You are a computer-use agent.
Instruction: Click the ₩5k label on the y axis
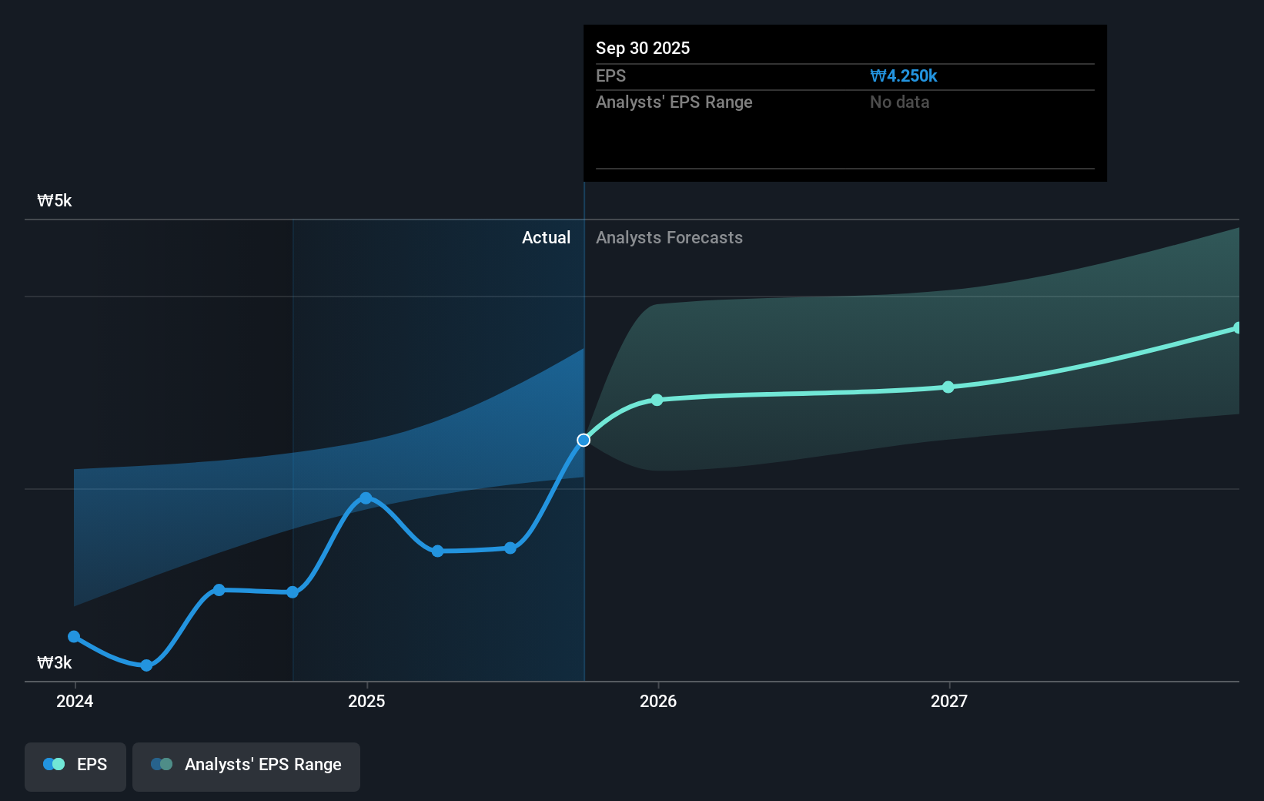click(54, 201)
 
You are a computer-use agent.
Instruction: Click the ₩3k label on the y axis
click(54, 663)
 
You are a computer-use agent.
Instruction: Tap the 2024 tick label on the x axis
click(75, 701)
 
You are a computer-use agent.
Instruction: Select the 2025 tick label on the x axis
click(366, 701)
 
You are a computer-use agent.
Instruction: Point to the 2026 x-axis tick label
click(658, 701)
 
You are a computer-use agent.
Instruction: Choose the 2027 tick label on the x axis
click(949, 701)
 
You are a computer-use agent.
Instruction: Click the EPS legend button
click(75, 765)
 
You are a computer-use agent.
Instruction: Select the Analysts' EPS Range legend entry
click(246, 765)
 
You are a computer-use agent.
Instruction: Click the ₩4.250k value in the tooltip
click(904, 76)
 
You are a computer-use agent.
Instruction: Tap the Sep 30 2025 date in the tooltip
click(643, 49)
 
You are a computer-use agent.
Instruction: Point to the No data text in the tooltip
click(899, 102)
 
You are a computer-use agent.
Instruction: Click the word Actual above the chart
click(546, 238)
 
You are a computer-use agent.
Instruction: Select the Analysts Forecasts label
click(669, 238)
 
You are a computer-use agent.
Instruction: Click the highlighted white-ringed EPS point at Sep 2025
click(584, 440)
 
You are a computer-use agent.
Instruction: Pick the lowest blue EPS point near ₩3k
click(146, 665)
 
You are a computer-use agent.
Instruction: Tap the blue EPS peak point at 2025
click(366, 498)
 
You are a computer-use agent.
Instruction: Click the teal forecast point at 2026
click(657, 400)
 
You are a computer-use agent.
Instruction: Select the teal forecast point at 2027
click(948, 387)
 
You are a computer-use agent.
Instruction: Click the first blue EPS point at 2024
click(74, 636)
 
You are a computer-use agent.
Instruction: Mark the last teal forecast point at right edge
click(1237, 328)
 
